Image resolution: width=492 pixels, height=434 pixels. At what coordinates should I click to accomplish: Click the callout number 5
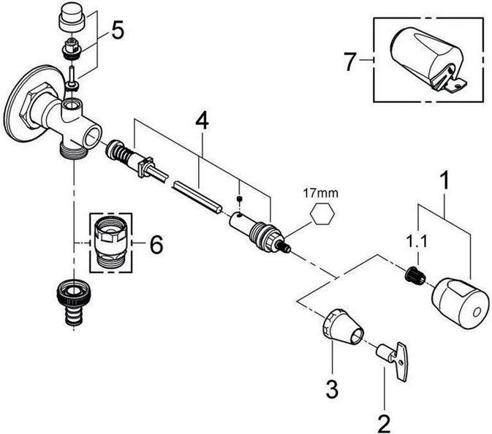click(118, 33)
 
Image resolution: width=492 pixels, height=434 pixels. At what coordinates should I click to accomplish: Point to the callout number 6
click(156, 245)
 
